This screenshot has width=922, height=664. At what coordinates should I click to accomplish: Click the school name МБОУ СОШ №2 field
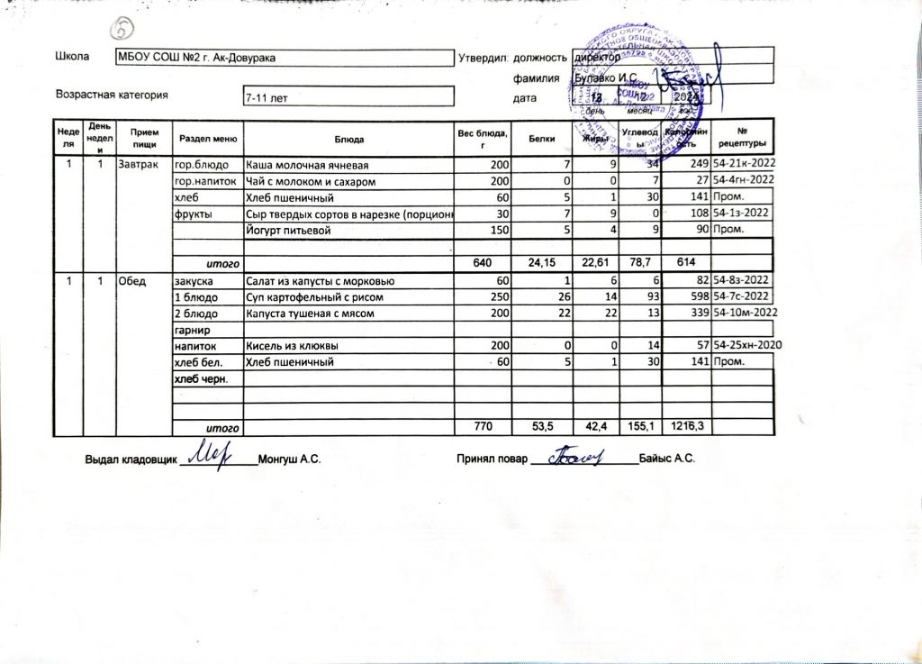tap(196, 58)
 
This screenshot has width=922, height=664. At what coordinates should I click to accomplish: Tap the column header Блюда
tap(348, 140)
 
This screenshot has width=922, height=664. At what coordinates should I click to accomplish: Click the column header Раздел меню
tap(208, 140)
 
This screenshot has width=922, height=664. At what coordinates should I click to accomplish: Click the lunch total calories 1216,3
tap(682, 426)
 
